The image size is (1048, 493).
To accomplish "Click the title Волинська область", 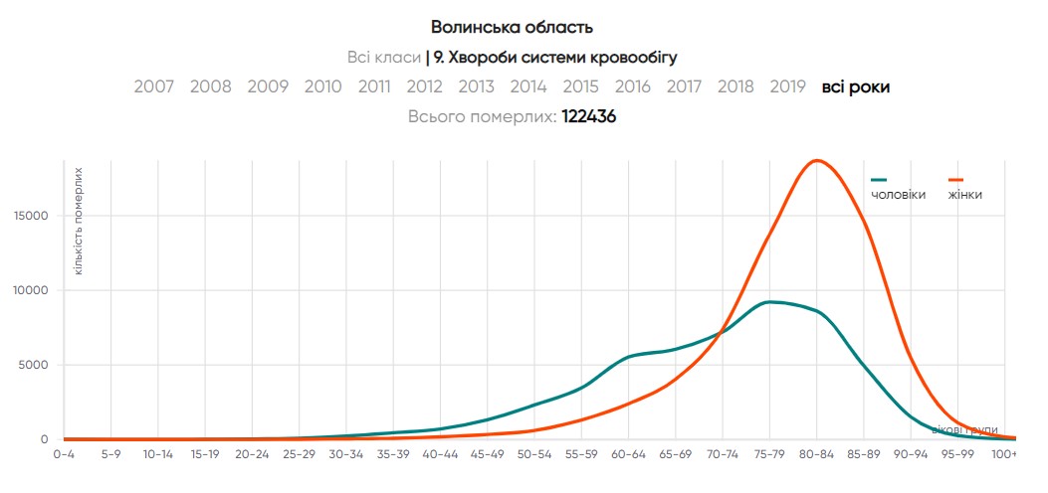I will coord(512,27).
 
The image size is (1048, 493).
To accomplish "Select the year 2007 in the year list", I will coord(154,86).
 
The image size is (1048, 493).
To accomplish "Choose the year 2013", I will coord(477,86).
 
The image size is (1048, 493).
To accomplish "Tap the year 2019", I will coord(787,86).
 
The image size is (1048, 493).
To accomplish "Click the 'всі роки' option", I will coord(855,86).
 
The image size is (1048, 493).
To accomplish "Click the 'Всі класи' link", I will coord(384,57).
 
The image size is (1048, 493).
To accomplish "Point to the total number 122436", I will coord(589,116).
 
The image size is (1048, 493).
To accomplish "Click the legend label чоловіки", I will coord(898,195).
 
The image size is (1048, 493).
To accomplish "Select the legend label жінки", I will coord(965,195).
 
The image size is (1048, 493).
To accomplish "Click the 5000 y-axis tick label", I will coord(31,365).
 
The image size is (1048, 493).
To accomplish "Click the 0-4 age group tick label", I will coord(63,454).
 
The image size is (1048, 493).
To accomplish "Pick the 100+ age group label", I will coord(1004,454).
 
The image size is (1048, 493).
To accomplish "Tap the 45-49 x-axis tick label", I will coord(487,454).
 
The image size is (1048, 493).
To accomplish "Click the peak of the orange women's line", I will coord(817,160).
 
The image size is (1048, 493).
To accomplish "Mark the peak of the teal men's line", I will coord(771,301).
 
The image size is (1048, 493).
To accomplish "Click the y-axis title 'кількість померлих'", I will coord(78,221).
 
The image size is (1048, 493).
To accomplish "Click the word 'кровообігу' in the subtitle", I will coord(633,57).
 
